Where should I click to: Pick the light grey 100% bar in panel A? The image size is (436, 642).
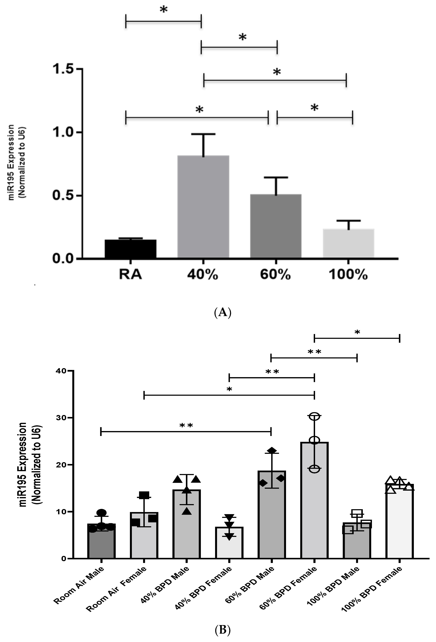(348, 243)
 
